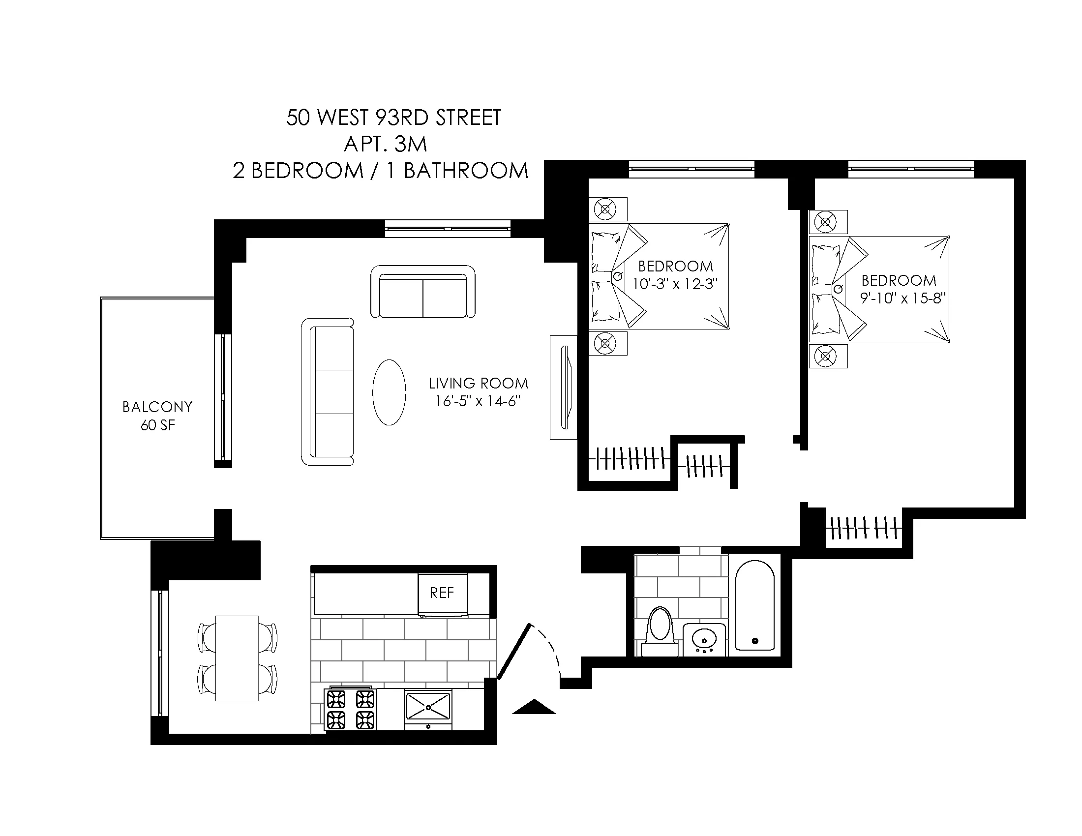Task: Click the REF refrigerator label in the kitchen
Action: click(442, 593)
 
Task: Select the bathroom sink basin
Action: click(703, 639)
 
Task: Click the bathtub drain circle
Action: click(755, 641)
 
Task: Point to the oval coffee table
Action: click(389, 392)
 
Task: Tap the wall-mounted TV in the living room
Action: click(565, 388)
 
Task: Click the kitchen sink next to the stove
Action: click(427, 707)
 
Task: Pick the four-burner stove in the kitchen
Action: click(350, 709)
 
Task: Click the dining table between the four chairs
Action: click(237, 657)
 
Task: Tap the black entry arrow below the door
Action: click(534, 707)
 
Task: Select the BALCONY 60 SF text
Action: click(157, 416)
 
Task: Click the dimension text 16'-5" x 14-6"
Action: click(478, 401)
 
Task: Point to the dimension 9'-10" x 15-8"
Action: click(903, 299)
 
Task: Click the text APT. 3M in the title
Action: click(386, 144)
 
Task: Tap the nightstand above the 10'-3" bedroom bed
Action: click(608, 209)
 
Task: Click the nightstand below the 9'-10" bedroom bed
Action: click(828, 356)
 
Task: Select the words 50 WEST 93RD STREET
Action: click(394, 118)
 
